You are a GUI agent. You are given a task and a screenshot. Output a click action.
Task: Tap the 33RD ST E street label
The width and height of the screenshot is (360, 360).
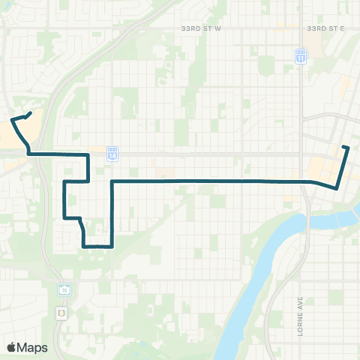tap(325, 28)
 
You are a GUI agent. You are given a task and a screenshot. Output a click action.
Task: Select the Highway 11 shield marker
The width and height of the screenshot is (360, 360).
tap(301, 56)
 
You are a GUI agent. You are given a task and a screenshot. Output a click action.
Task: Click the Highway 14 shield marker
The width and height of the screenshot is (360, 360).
tap(112, 154)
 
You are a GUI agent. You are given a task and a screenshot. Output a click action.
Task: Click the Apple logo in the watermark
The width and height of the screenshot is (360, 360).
tap(13, 347)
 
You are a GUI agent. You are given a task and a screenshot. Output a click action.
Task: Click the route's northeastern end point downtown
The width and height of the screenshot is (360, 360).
tap(347, 147)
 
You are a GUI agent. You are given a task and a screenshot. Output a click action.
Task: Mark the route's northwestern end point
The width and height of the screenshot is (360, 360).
tap(30, 113)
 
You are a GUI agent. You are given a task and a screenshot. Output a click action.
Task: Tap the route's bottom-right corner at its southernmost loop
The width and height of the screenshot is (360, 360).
tap(112, 245)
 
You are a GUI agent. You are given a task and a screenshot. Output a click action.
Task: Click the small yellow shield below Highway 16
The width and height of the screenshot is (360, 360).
tap(61, 311)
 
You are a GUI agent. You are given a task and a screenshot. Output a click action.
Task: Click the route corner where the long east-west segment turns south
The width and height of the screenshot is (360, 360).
tap(112, 181)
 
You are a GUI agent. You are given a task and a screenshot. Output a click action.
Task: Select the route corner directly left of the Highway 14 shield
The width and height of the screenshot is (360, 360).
tap(89, 154)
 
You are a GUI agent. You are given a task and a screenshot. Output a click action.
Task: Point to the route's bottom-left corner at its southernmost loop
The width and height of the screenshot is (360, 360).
tap(84, 245)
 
